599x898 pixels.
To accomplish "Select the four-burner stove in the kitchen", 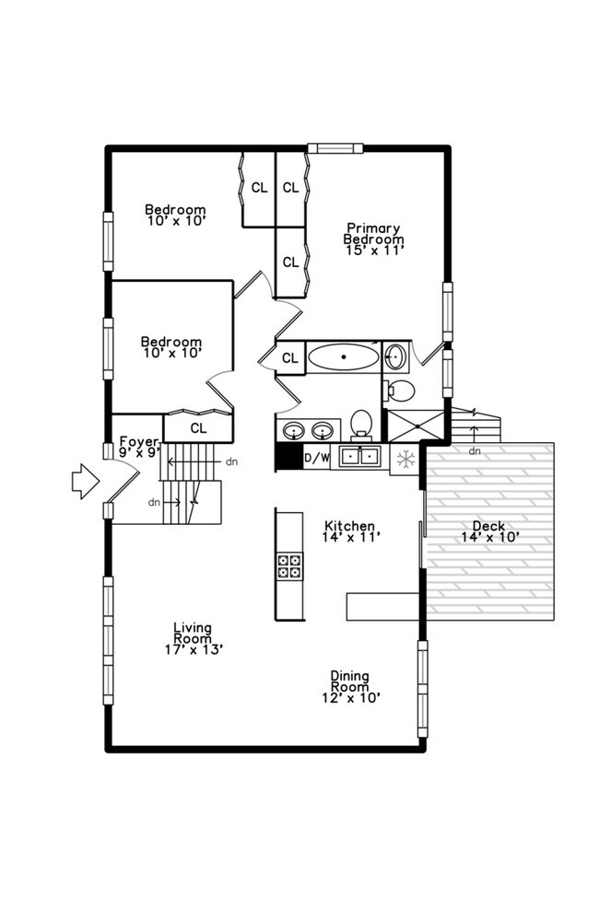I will coord(289,565).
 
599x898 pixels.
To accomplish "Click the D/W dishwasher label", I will coord(317,457).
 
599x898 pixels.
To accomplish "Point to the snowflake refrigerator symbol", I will coord(405,457).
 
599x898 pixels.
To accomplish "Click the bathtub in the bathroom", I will coord(343,356).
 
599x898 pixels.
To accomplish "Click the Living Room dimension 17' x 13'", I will coord(193,648).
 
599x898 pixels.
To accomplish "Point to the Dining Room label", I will coord(351,680).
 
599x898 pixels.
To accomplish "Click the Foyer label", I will coord(139,442).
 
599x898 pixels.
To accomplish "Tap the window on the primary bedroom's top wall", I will coord(335,148).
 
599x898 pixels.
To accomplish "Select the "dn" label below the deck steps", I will coord(475,451).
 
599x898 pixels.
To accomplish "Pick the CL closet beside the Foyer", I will coord(198,428).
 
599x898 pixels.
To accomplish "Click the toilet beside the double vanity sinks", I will coord(361,423).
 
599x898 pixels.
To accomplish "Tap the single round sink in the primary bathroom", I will coord(395,356).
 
